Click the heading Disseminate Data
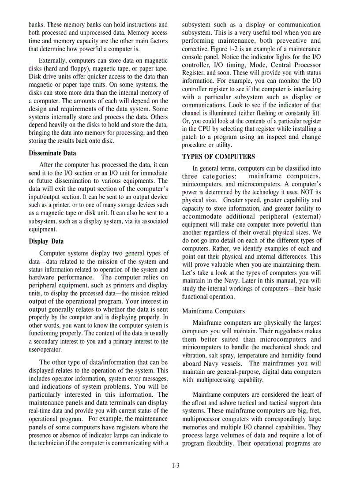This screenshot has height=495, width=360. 52,153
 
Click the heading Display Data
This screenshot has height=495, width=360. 46,241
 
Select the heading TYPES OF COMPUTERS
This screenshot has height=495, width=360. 218,156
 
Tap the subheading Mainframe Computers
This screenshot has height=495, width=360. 214,311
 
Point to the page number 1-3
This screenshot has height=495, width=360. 176,465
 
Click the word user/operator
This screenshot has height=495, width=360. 45,350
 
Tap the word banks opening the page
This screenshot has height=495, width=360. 37,24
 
